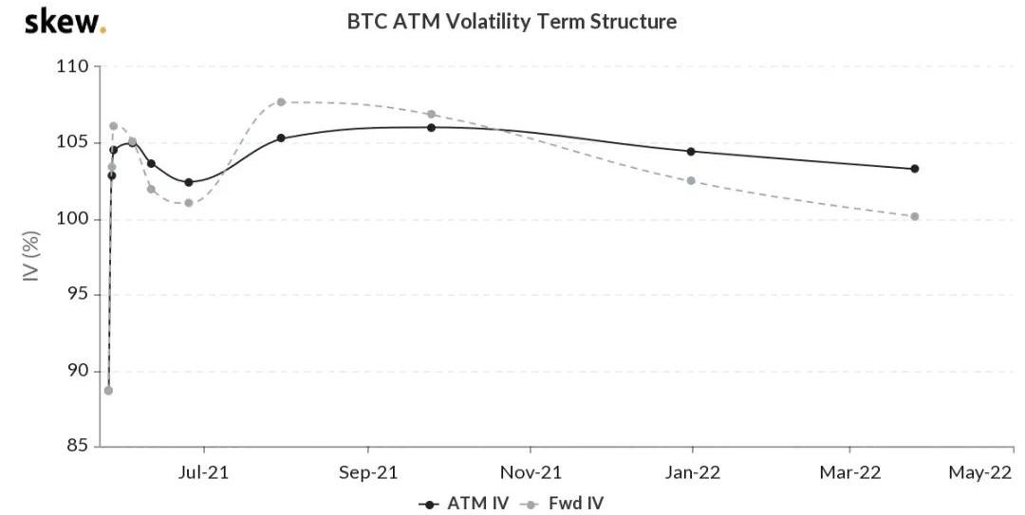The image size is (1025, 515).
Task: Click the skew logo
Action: (x=65, y=22)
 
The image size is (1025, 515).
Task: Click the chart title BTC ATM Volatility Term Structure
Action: (x=512, y=22)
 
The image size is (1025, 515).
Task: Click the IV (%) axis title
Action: (x=31, y=256)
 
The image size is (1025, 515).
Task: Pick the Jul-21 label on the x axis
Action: (x=203, y=472)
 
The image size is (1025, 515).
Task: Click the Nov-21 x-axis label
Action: (x=531, y=472)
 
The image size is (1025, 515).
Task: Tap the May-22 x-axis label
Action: (x=979, y=472)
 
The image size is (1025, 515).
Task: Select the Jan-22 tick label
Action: (x=692, y=472)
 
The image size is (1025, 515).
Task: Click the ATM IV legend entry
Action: (x=463, y=504)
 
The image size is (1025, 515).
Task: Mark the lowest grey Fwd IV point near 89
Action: (x=108, y=391)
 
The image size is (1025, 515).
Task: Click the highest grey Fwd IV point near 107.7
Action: (x=281, y=101)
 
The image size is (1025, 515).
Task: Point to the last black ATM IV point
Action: (x=915, y=169)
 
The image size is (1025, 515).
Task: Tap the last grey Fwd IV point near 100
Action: (x=915, y=216)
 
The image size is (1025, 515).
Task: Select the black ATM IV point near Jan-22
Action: (x=691, y=152)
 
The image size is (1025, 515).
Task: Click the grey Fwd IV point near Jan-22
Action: (x=691, y=180)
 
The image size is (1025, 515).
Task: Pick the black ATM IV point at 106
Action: (x=432, y=127)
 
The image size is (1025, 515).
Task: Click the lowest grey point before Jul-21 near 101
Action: (x=189, y=203)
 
